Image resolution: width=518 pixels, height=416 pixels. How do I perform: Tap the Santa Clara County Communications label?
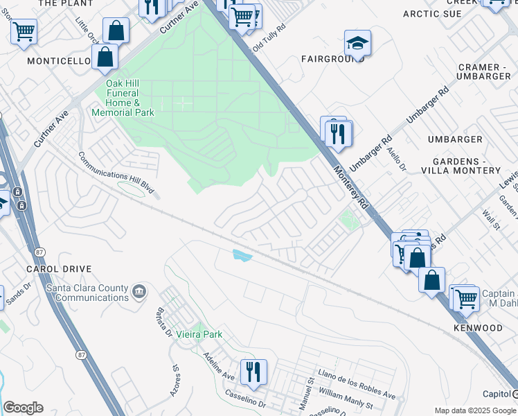[x=87, y=293]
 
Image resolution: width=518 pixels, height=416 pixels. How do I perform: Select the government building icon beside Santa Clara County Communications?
[x=139, y=291]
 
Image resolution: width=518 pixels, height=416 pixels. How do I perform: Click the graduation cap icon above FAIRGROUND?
[x=357, y=44]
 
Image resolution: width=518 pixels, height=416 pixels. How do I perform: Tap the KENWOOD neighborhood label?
[x=478, y=327]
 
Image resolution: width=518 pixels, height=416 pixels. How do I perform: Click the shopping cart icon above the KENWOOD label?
[x=466, y=298]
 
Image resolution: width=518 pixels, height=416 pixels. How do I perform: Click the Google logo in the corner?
[x=23, y=408]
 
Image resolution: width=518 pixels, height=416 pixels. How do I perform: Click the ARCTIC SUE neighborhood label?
[x=432, y=13]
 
